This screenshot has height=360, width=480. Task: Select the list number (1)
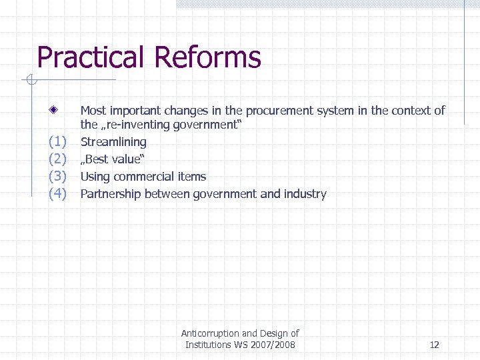(58, 142)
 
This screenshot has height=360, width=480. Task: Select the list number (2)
(58, 159)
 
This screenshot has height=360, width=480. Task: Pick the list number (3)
(58, 177)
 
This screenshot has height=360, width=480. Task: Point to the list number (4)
(58, 194)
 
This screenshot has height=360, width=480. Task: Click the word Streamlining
(113, 142)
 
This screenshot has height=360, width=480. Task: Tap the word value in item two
(127, 159)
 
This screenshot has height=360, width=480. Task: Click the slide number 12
(435, 345)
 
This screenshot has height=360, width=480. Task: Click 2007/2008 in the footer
(273, 345)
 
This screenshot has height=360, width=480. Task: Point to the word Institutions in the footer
(208, 345)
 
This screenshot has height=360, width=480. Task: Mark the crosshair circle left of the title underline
(29, 81)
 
